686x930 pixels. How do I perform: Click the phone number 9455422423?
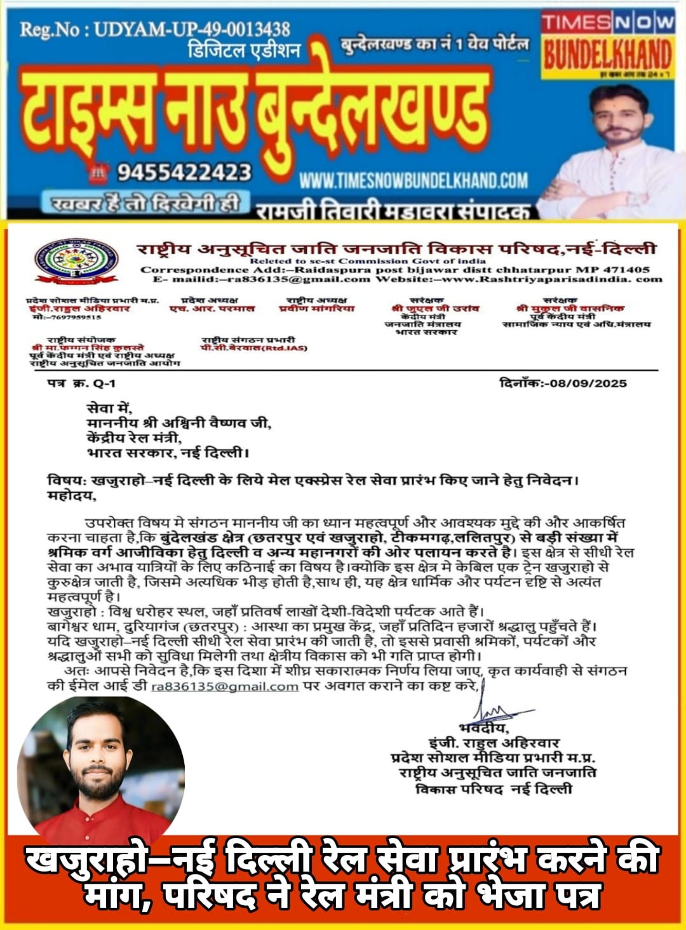(184, 172)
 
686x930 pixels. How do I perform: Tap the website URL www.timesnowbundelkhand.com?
(414, 180)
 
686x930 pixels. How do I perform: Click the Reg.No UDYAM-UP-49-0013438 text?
(155, 29)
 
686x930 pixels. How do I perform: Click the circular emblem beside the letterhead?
(76, 260)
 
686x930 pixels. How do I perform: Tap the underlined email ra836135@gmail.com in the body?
(225, 686)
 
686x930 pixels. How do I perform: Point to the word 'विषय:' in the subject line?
(67, 481)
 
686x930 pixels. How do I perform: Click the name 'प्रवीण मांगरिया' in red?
(317, 309)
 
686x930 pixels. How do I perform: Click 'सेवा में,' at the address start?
(109, 408)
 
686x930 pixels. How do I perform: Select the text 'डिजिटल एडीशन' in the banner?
(244, 50)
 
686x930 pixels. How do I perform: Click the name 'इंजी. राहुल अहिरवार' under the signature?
(494, 743)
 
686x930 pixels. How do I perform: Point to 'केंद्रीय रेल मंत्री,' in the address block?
(135, 438)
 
